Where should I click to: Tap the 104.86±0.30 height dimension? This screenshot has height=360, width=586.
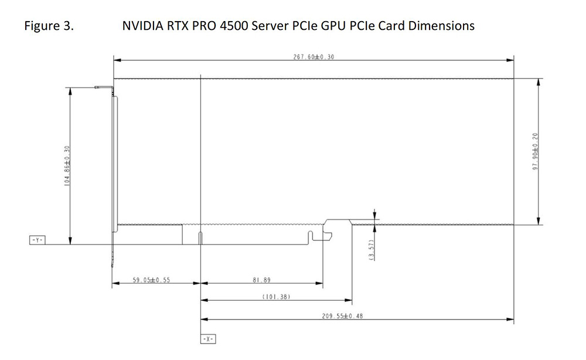[x=67, y=165]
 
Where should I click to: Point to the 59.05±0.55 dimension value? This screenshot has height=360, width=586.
[x=151, y=280]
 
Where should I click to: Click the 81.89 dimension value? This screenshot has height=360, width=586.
[x=261, y=280]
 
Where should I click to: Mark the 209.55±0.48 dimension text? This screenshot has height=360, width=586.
[x=343, y=316]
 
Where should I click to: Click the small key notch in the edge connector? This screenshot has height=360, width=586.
[x=201, y=237]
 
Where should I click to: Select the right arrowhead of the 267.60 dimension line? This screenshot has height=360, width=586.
[x=510, y=60]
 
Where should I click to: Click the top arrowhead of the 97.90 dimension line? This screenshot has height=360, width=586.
[x=540, y=81]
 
